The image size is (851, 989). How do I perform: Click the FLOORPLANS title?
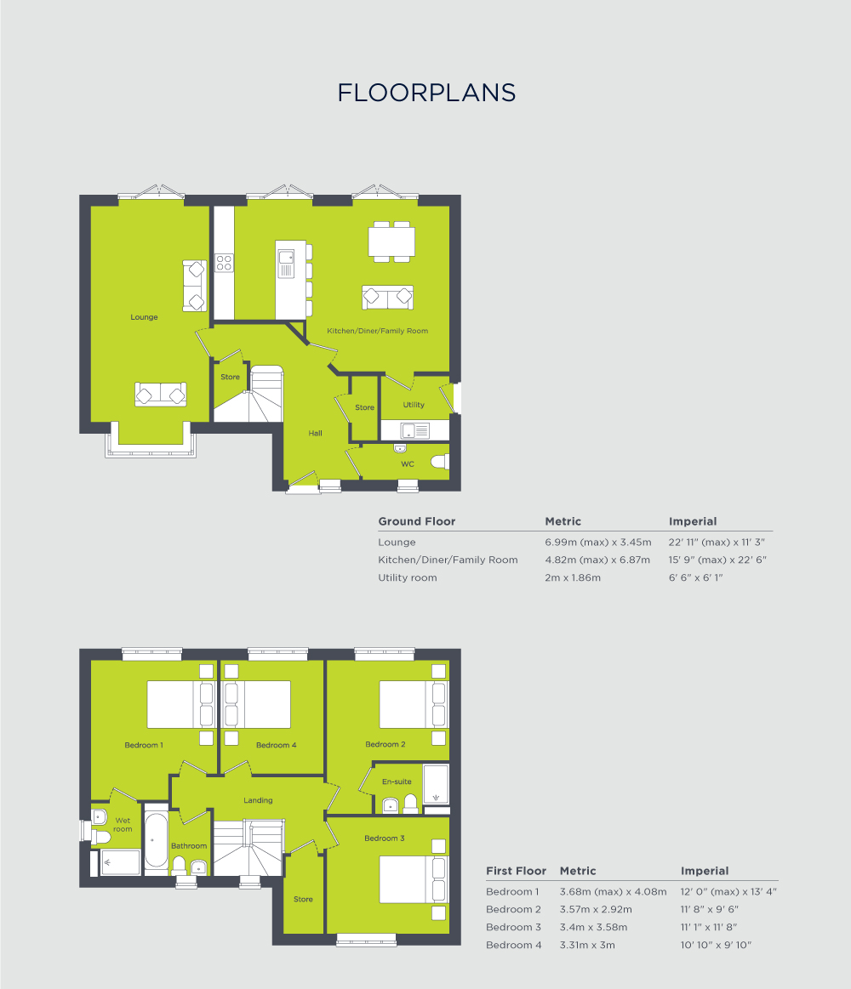[426, 93]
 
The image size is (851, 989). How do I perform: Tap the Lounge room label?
[144, 317]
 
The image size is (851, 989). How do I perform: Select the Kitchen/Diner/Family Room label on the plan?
[378, 330]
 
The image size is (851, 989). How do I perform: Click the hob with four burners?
[224, 263]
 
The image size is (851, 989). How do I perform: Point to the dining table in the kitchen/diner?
[391, 241]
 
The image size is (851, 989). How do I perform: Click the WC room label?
[407, 464]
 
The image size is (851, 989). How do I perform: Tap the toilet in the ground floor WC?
[439, 462]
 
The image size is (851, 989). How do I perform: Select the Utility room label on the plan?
[414, 405]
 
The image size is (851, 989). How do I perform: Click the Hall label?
[315, 433]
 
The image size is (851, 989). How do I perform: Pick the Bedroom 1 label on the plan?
[144, 745]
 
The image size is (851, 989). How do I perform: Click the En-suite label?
[397, 781]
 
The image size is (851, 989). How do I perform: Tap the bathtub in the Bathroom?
[156, 840]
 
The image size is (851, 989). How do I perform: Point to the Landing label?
[258, 800]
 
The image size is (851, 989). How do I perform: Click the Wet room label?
[123, 825]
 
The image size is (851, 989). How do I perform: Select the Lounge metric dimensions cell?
[597, 542]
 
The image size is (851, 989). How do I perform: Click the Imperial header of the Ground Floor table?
[693, 521]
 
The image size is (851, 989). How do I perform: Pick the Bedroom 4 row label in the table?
[513, 945]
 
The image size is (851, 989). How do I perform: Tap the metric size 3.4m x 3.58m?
[593, 927]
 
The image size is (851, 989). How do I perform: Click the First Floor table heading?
[516, 871]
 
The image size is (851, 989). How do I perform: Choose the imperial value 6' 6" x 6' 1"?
[695, 577]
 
